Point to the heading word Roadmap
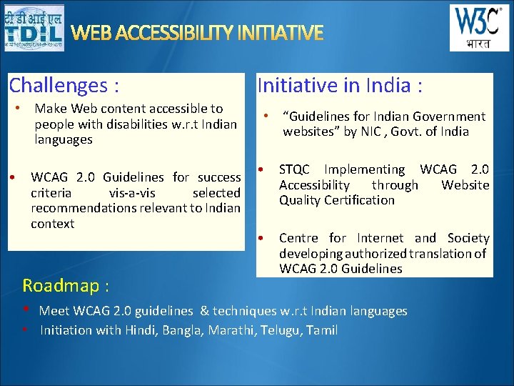point(61,286)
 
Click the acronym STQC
point(294,169)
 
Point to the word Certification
point(358,200)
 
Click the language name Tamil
point(322,330)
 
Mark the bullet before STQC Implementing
point(262,170)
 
